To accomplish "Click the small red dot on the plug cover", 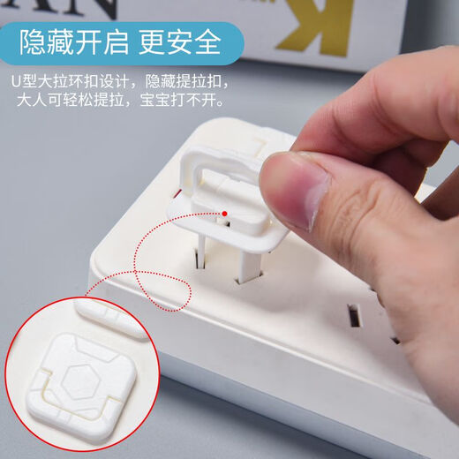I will point(226,212).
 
